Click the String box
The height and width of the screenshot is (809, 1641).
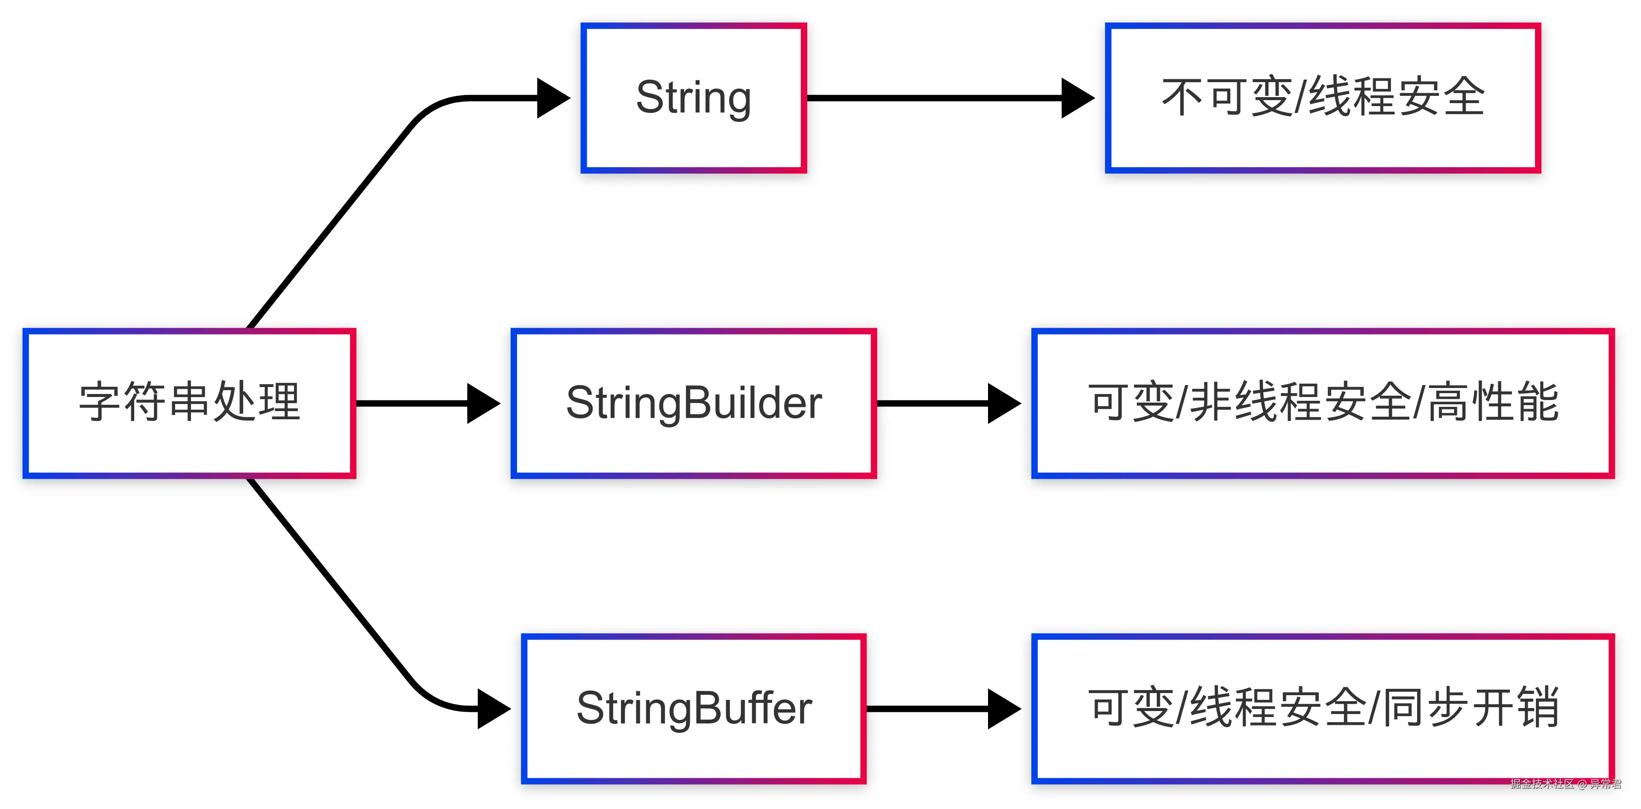(x=694, y=98)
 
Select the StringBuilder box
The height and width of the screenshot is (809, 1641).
(x=694, y=403)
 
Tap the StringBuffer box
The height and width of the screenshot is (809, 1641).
(x=694, y=708)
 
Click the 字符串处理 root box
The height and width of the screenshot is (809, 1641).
(x=189, y=403)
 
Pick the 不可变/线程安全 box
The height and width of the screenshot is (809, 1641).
(x=1323, y=98)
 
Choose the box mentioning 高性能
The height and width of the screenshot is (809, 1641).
(x=1323, y=403)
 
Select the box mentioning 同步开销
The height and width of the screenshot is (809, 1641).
(x=1323, y=708)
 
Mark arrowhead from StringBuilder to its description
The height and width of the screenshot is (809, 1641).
(x=1003, y=403)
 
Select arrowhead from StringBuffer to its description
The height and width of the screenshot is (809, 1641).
(x=1003, y=708)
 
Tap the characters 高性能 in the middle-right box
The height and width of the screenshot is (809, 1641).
(x=1494, y=403)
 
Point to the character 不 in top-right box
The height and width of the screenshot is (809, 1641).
(x=1183, y=98)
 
